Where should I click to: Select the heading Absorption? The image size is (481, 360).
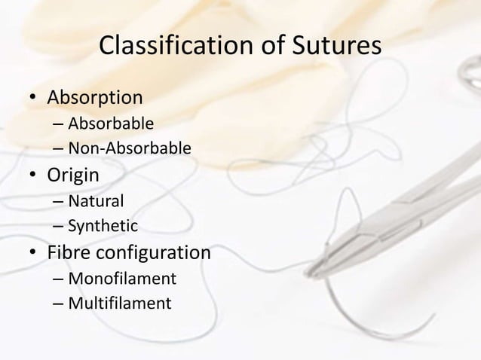click(96, 99)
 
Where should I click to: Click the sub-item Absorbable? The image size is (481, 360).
click(111, 123)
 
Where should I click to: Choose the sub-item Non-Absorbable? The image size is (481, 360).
click(129, 147)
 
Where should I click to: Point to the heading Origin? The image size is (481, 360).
click(73, 177)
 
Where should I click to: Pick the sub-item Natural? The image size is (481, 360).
click(96, 201)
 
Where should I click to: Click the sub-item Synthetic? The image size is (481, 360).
click(103, 225)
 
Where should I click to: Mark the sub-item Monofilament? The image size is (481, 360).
click(122, 279)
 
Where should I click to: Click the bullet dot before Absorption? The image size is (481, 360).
click(32, 99)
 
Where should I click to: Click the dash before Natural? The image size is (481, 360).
click(58, 202)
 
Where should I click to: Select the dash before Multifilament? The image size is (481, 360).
click(58, 304)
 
